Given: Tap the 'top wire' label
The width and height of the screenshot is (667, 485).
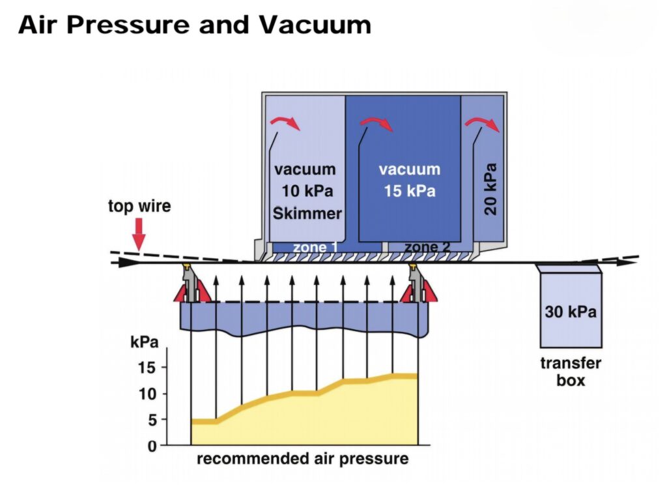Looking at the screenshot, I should coord(139,207).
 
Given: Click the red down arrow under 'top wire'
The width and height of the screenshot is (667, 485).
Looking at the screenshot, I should coord(139,233).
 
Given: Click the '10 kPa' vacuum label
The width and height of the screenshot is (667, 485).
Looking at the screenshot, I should coord(304,192).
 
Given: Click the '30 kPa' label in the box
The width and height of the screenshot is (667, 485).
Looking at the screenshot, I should coord(571,312).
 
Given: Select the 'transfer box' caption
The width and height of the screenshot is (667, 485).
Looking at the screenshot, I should coord(571,372).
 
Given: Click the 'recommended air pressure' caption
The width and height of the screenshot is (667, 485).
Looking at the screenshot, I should coord(303,459).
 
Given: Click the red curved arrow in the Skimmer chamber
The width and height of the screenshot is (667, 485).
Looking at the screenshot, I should coord(284,123).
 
